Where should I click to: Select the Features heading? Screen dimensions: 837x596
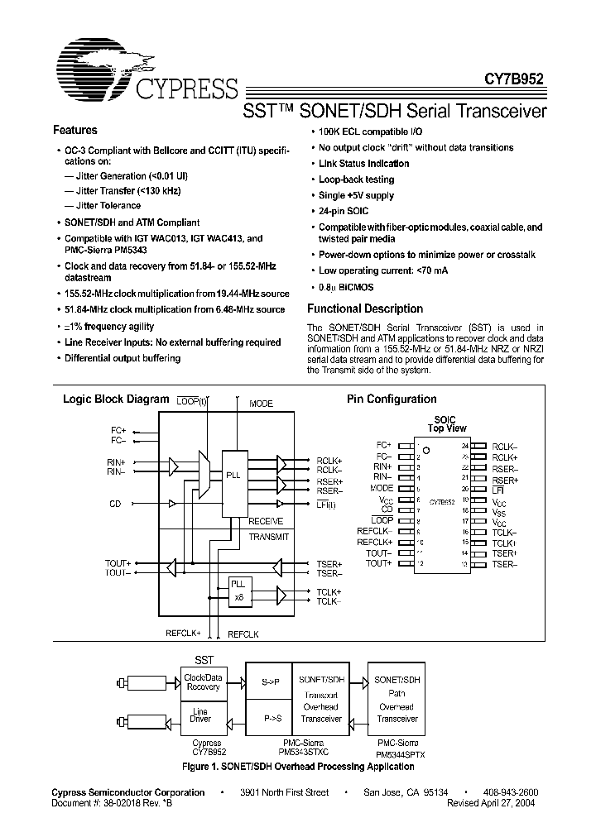pyautogui.click(x=74, y=131)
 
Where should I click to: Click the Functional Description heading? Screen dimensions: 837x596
pyautogui.click(x=365, y=309)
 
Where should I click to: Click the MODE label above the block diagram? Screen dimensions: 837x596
pyautogui.click(x=261, y=404)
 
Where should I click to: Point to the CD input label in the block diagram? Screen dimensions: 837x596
pyautogui.click(x=115, y=504)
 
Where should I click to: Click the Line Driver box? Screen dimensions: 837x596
pyautogui.click(x=201, y=715)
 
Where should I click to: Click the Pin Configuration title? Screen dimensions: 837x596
pyautogui.click(x=391, y=399)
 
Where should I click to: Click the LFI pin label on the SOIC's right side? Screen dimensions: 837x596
pyautogui.click(x=498, y=489)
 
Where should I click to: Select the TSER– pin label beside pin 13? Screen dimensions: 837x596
pyautogui.click(x=505, y=563)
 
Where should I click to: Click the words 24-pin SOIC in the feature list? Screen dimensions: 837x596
pyautogui.click(x=344, y=212)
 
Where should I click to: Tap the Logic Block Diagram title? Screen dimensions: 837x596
pyautogui.click(x=116, y=399)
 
